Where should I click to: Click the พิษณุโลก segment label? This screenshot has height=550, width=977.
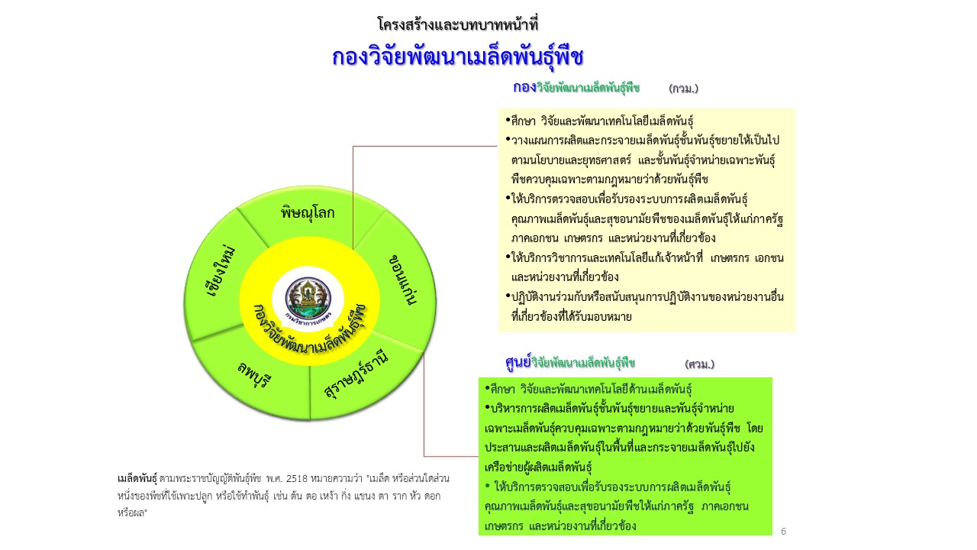tap(308, 213)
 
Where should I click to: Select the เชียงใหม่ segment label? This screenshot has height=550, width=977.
tap(221, 271)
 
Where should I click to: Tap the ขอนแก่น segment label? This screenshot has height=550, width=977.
tap(402, 280)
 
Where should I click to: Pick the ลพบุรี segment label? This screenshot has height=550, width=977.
tap(254, 375)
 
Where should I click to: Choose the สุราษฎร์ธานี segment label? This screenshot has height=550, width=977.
tap(356, 374)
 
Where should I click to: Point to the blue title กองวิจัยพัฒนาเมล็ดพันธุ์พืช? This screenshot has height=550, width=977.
tap(457, 57)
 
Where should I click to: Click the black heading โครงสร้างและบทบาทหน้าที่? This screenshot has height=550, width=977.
tap(457, 24)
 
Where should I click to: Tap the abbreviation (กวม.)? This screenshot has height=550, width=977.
tap(683, 89)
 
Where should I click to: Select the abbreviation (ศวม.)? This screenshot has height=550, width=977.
tap(700, 364)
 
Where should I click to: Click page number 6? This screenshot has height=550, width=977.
tap(783, 531)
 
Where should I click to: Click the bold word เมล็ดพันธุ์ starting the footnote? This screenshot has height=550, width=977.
tap(137, 479)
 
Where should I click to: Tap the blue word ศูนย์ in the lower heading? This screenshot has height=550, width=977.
tap(518, 362)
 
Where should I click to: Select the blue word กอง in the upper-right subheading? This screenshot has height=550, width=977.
tap(524, 87)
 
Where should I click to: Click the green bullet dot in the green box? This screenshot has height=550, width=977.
tap(488, 485)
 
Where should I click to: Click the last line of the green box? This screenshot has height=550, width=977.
tap(560, 526)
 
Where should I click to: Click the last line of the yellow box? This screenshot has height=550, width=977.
tap(572, 316)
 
